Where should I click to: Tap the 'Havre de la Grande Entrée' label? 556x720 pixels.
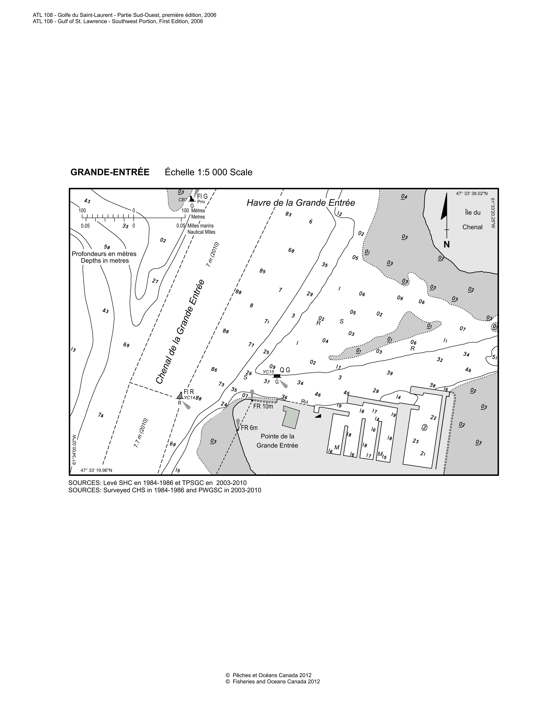(x=301, y=203)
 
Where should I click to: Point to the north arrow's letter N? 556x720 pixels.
(x=447, y=244)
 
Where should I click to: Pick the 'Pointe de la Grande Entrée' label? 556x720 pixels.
(x=277, y=441)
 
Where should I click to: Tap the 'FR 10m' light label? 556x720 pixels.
(x=263, y=406)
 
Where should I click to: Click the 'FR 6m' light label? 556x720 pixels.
(x=249, y=428)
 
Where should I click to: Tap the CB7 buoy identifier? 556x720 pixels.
(x=183, y=200)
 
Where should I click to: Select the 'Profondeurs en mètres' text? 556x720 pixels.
(x=104, y=254)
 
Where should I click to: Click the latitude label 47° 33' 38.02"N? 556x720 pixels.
(x=472, y=194)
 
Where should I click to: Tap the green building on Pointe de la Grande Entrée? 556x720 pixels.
(x=291, y=417)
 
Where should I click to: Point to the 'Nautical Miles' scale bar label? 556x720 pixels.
(x=201, y=232)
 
